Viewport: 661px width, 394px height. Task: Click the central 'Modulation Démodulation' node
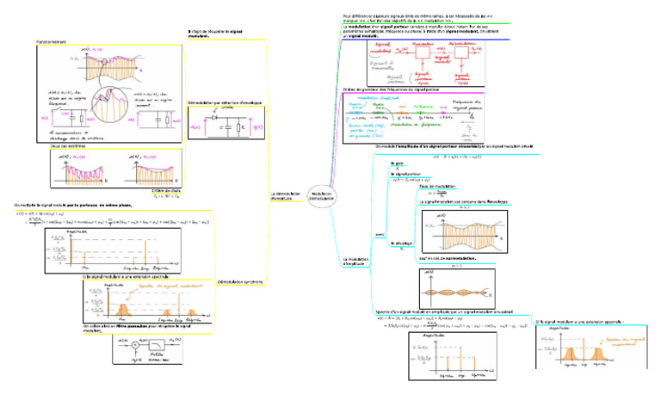323,196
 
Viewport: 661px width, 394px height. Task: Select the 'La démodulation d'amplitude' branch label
286,196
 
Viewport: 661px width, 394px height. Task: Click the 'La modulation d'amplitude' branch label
355,260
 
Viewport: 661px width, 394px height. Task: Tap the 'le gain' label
397,163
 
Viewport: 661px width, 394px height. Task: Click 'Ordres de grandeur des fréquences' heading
396,89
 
